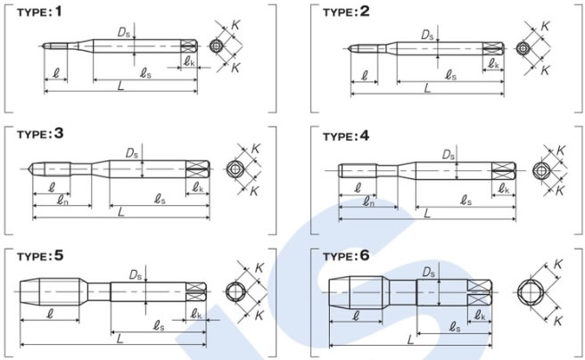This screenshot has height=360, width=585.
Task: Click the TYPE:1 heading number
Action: coord(58,12)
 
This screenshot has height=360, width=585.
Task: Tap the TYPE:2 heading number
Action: coord(365,12)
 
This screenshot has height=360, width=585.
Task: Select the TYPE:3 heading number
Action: coord(59,134)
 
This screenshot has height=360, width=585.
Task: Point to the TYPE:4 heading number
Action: coord(365,136)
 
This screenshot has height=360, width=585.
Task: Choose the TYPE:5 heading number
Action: coord(59,256)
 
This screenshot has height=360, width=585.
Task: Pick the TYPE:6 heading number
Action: coord(365,256)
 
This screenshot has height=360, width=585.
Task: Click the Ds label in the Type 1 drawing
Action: coord(124,32)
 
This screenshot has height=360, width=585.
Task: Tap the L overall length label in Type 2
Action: coord(427,88)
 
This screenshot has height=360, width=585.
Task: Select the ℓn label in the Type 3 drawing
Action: coord(62,200)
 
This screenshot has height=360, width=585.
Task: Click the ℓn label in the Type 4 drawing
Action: coord(368,202)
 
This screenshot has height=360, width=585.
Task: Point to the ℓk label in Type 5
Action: coord(196,315)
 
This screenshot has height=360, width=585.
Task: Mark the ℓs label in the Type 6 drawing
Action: coord(454,328)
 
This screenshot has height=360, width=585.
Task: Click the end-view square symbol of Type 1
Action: coord(215,46)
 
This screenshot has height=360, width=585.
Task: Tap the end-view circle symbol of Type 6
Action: coord(529,292)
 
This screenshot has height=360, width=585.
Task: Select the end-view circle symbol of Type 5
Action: coord(235,291)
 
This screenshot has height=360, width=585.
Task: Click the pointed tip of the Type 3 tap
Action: coord(29,168)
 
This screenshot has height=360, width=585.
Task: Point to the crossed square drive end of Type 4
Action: coord(503,171)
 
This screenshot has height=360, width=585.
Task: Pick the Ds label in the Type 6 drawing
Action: coord(429,273)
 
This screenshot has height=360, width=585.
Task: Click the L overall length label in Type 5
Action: coord(119,339)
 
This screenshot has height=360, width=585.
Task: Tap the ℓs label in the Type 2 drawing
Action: coord(451,76)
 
